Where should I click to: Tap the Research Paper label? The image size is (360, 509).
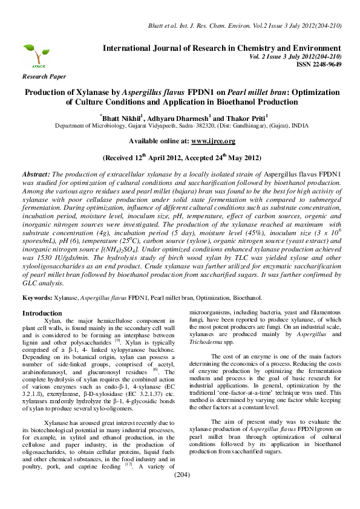(44, 77)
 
